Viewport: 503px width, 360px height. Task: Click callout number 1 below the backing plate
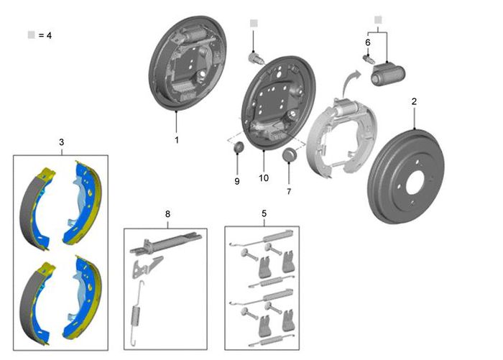177,140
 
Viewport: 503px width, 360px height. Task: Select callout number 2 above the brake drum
414,101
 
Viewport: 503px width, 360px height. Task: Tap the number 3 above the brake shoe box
61,142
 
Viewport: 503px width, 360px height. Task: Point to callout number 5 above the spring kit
264,213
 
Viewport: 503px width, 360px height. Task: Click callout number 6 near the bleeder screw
368,42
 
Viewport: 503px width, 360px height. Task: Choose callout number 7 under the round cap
289,191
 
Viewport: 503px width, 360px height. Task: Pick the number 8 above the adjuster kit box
167,213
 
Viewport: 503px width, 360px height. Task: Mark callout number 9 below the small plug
237,181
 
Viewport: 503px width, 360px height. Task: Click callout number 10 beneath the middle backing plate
264,177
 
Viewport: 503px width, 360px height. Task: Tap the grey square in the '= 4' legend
31,34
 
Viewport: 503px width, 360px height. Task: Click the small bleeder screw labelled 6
368,60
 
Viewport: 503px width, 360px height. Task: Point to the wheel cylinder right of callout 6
387,75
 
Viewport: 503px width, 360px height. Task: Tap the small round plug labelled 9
238,147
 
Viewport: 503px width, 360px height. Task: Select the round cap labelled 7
290,155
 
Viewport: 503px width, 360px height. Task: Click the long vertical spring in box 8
137,314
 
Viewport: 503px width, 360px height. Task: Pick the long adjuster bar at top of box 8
166,244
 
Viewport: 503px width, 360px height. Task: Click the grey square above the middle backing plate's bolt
254,23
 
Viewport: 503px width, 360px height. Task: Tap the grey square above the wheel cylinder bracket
378,20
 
